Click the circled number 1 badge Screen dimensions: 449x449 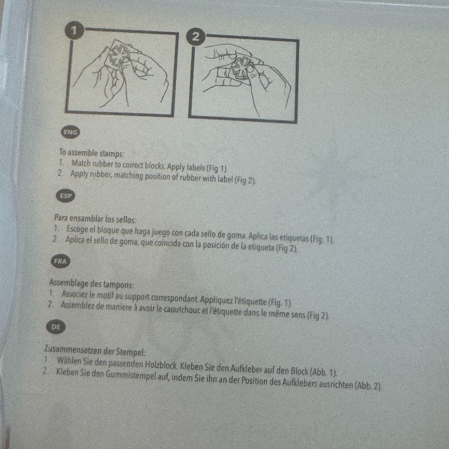coord(74,30)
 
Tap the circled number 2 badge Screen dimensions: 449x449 coord(196,37)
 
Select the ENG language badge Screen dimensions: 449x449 coord(70,132)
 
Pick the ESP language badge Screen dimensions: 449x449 coord(66,196)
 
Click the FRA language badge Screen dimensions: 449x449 coord(60,261)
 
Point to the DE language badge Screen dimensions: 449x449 coord(56,327)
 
